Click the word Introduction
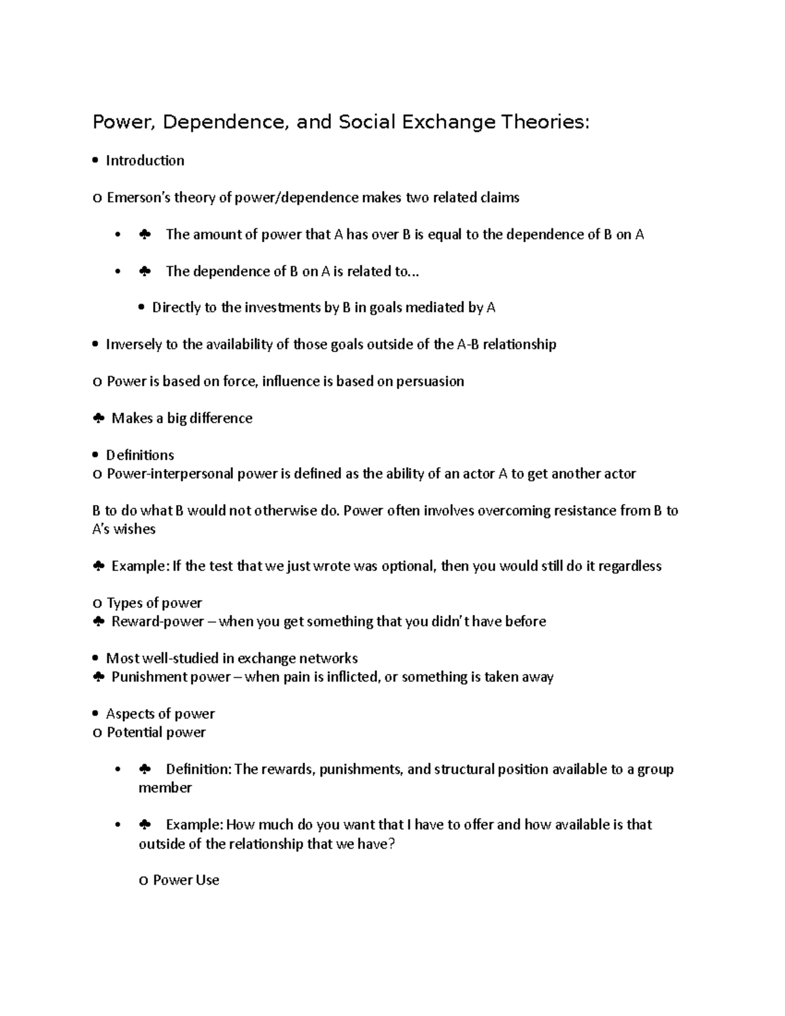[x=145, y=161]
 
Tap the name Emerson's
[x=132, y=198]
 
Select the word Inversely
[x=133, y=345]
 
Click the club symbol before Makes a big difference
[x=98, y=419]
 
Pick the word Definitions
[x=140, y=455]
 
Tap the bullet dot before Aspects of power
[x=96, y=714]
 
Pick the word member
[x=165, y=788]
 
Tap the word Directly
[x=176, y=307]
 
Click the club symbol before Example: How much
[x=145, y=825]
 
